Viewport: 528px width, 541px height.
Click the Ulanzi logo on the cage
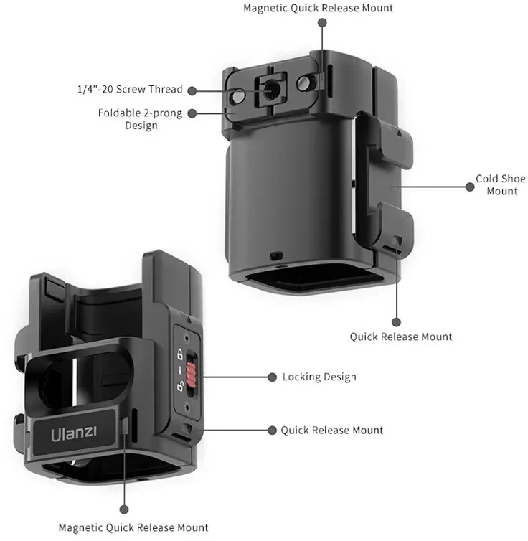click(74, 433)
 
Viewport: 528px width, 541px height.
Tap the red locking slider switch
click(191, 375)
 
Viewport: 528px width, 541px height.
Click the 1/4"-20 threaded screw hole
click(270, 91)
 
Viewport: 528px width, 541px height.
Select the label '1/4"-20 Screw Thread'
click(130, 89)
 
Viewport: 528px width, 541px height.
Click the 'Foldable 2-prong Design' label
click(140, 119)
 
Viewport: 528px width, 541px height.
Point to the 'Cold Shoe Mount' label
click(501, 184)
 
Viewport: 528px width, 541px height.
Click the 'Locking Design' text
click(319, 377)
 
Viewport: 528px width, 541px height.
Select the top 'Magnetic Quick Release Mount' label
click(318, 8)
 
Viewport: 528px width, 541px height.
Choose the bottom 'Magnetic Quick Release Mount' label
click(133, 527)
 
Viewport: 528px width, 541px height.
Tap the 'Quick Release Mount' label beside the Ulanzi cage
click(331, 430)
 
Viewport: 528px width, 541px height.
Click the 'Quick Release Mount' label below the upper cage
click(401, 337)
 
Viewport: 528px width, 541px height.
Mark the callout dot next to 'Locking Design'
click(272, 377)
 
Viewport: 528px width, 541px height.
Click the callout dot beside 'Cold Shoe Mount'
click(470, 187)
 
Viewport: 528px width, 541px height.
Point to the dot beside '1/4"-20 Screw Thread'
click(192, 90)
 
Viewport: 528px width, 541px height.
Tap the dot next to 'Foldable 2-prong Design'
click(192, 113)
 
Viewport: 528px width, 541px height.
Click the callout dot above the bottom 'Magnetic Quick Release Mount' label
click(124, 509)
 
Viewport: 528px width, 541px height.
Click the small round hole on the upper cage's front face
click(276, 256)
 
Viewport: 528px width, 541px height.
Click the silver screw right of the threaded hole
click(303, 83)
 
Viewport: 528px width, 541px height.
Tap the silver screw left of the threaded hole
click(239, 95)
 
